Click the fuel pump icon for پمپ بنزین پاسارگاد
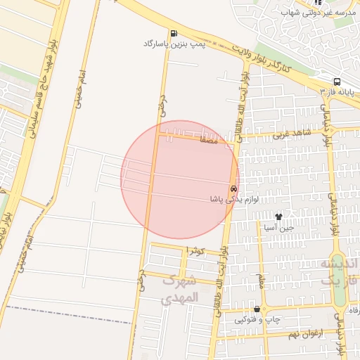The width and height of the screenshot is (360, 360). coord(173,33)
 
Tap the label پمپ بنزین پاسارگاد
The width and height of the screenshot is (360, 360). coord(173,44)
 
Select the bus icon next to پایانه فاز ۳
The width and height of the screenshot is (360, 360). coord(337,82)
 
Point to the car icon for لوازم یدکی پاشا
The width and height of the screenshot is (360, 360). coord(233,188)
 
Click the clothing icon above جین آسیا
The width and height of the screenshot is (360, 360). coord(278,217)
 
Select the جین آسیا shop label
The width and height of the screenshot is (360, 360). coord(278,228)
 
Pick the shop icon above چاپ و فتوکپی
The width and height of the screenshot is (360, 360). coord(257,309)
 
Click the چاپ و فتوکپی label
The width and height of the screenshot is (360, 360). coord(257,320)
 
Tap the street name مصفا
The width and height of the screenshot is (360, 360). coord(210,141)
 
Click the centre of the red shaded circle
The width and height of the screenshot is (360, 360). coord(180,179)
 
